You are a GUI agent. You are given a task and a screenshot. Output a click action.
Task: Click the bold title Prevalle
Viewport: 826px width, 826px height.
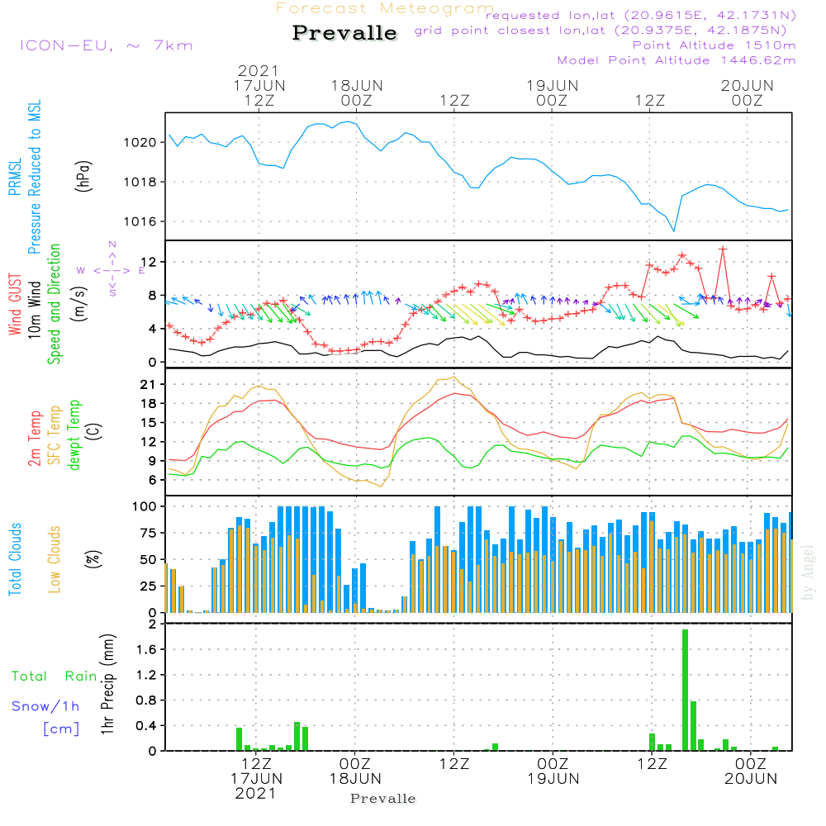coord(344,33)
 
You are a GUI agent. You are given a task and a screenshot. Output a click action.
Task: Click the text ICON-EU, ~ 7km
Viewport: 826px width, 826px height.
coord(106,45)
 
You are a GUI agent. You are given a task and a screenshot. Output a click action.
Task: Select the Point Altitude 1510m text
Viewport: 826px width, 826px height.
coord(714,45)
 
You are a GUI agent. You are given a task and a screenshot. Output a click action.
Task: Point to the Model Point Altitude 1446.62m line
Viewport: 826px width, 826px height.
coord(676,60)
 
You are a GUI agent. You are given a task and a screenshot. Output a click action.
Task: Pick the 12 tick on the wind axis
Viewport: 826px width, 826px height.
coord(153,262)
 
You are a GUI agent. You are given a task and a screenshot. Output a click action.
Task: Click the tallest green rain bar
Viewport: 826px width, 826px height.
coord(685,690)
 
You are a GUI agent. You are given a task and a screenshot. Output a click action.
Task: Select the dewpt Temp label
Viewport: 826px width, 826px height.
coord(75,435)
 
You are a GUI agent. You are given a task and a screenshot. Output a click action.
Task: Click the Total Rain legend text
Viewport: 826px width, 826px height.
coord(54,676)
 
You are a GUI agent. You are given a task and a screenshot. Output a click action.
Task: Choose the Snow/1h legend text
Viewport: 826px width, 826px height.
coord(46,707)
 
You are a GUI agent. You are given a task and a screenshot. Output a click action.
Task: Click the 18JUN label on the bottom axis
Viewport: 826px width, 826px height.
coord(355,778)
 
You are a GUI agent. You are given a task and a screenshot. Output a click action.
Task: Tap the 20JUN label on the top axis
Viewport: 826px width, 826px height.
coord(747,85)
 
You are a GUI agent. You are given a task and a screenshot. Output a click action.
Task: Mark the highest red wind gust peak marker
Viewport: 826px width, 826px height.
coord(723,249)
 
